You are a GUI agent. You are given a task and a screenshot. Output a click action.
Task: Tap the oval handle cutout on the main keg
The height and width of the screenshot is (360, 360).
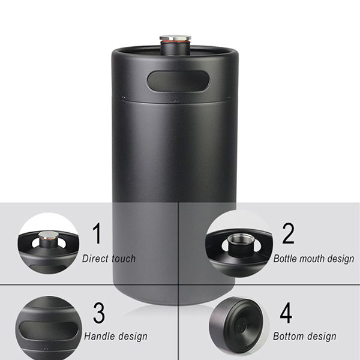(x=178, y=81)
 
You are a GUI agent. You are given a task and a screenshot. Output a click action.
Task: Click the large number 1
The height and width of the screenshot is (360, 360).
(x=97, y=233)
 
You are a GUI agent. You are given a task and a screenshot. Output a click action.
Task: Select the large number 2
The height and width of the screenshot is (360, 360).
(x=288, y=233)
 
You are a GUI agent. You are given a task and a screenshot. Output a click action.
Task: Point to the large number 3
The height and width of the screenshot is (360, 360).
(x=99, y=313)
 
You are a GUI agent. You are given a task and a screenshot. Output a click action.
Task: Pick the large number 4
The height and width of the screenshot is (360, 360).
(x=286, y=313)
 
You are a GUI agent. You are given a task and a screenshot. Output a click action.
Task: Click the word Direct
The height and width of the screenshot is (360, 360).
(x=95, y=259)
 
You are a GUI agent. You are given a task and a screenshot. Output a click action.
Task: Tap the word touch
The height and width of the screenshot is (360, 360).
(x=124, y=259)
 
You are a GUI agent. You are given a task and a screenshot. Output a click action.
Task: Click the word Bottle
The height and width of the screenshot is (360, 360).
(x=284, y=259)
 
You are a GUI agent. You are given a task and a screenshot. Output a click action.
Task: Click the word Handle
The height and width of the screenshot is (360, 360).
(x=99, y=336)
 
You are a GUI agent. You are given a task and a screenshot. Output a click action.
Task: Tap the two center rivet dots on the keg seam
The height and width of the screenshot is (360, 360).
(x=176, y=101)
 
